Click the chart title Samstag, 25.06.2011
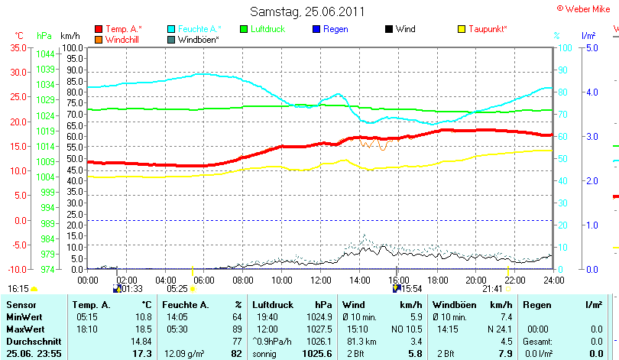(x=308, y=11)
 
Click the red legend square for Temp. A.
(x=99, y=29)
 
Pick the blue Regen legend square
(x=316, y=29)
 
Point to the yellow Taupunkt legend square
(x=462, y=29)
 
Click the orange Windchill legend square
(x=99, y=39)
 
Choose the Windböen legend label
(x=199, y=39)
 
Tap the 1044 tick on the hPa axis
(x=45, y=54)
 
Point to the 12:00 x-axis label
(x=321, y=280)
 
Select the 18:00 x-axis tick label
(x=437, y=280)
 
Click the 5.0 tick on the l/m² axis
(x=591, y=47)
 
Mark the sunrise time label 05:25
(x=177, y=289)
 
